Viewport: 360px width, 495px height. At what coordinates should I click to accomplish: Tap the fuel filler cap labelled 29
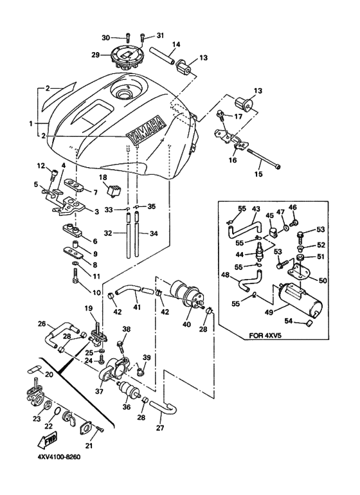click(x=127, y=57)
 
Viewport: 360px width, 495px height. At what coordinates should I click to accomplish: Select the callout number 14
click(x=175, y=44)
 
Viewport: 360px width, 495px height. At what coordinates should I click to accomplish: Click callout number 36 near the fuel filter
click(x=125, y=407)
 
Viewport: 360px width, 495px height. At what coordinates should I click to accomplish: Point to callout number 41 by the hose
click(x=138, y=308)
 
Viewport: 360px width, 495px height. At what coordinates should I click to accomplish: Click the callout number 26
click(x=42, y=324)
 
